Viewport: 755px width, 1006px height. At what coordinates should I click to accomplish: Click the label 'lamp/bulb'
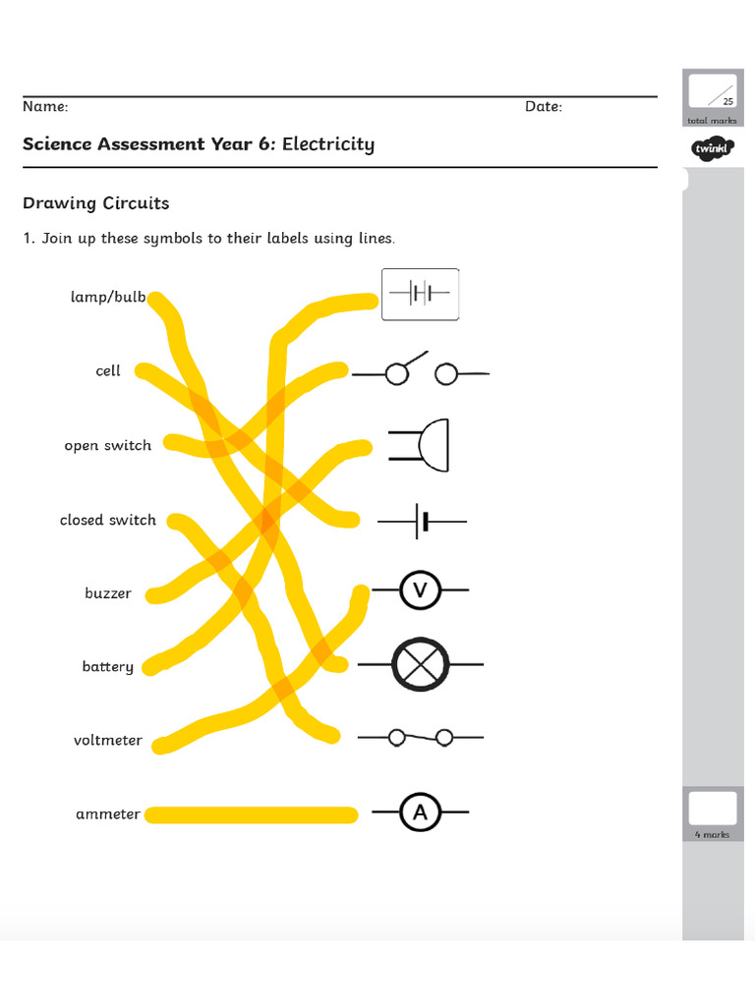tap(108, 297)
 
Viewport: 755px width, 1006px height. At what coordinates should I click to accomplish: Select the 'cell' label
tap(108, 371)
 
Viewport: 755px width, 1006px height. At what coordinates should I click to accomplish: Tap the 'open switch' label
tap(108, 446)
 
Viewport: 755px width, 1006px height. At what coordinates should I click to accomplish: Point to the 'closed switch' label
tap(108, 521)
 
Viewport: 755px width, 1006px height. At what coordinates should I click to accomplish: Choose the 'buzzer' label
tap(108, 594)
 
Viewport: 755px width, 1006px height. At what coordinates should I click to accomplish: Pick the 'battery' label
tap(108, 667)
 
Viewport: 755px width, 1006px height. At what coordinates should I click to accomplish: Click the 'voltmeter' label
tap(108, 741)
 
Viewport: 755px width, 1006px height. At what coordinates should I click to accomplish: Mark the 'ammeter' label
tap(108, 814)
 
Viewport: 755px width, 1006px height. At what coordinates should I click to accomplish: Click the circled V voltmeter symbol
tap(421, 590)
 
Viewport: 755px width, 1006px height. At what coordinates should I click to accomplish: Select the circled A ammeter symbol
tap(421, 813)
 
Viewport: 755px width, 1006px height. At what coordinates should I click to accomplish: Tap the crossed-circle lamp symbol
tap(421, 665)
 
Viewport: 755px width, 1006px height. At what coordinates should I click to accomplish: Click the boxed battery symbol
tap(420, 294)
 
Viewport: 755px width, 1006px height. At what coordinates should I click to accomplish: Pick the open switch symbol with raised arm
tap(421, 371)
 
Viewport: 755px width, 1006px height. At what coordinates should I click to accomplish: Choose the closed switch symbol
tap(421, 737)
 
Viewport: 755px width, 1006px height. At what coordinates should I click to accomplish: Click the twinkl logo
tap(709, 149)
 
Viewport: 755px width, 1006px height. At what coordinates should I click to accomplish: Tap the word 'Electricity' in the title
tap(328, 144)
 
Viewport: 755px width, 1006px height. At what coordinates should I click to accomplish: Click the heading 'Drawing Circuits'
tap(95, 203)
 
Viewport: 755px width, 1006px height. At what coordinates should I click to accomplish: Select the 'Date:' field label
tap(543, 106)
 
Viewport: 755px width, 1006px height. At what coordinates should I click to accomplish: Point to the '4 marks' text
tap(712, 834)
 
